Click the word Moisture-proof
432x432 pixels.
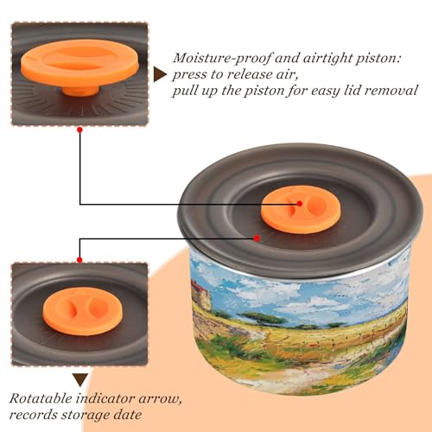tap(222, 59)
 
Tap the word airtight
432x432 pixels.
tap(327, 59)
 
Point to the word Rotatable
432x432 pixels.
tap(41, 398)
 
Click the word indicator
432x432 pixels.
tap(105, 398)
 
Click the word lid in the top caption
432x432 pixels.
tap(352, 91)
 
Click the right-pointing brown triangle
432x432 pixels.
tap(160, 74)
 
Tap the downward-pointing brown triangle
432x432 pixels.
tap(80, 380)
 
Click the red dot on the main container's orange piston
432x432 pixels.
tap(300, 204)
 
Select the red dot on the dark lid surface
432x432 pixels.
tap(257, 238)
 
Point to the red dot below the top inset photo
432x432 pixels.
tap(80, 130)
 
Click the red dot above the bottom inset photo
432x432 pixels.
tap(79, 260)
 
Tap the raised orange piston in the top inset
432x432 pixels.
tap(80, 62)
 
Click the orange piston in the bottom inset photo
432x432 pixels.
tap(83, 311)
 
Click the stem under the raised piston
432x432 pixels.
tap(80, 90)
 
